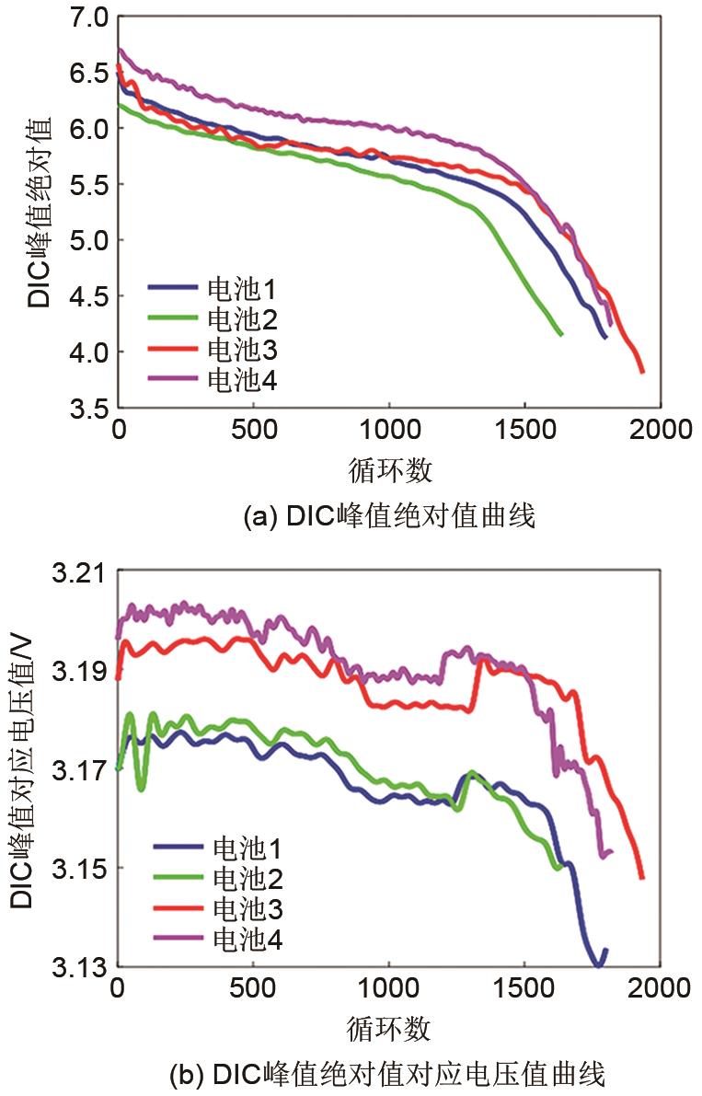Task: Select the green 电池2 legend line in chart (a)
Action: pyautogui.click(x=174, y=318)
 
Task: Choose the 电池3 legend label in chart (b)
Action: pyautogui.click(x=247, y=909)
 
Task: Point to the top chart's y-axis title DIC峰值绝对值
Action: pyautogui.click(x=39, y=212)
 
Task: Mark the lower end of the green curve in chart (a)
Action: pyautogui.click(x=560, y=334)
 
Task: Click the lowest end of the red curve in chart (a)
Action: pyautogui.click(x=642, y=371)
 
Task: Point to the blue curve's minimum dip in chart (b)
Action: pyautogui.click(x=598, y=964)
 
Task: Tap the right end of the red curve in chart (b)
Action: pyautogui.click(x=642, y=877)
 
